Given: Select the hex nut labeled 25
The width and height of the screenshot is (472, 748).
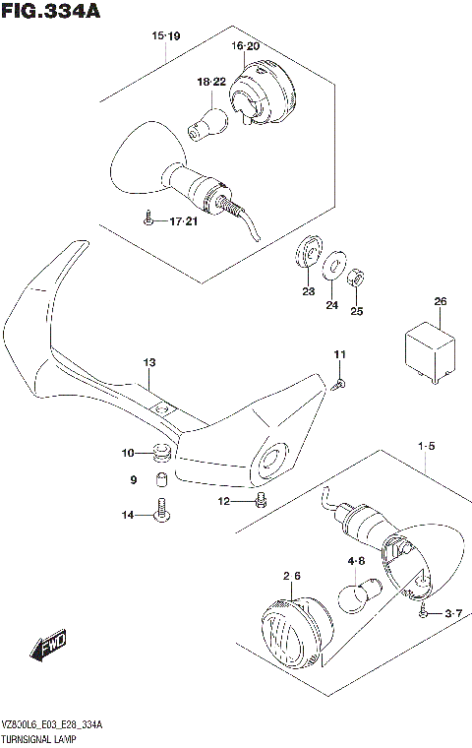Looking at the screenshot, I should tap(359, 279).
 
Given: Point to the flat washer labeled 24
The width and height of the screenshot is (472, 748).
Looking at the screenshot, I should tap(334, 263).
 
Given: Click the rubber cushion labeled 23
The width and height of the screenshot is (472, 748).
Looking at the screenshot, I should tap(308, 253).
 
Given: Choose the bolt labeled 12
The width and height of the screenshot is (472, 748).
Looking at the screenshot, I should tap(260, 501).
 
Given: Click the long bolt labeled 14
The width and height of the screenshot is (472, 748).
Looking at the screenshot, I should tap(160, 510).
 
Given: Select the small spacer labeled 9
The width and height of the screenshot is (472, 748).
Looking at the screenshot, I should tap(158, 481).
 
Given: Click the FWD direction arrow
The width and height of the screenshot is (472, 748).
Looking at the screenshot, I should tap(47, 646).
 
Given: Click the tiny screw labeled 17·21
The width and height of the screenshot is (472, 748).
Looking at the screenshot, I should tap(147, 220).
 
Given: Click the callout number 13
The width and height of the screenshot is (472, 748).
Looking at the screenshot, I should tap(147, 363).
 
